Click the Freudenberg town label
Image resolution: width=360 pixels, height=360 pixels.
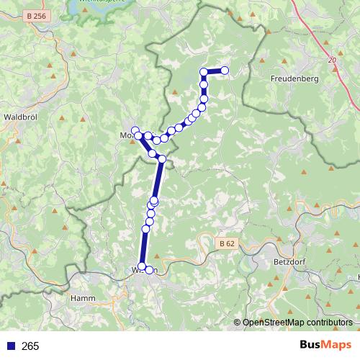coord(295,77)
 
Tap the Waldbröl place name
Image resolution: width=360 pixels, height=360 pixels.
coord(24,116)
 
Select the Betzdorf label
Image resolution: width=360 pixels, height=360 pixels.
coord(291,262)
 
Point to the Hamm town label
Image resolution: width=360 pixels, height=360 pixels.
coord(84,297)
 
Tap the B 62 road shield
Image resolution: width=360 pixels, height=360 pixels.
coord(226,244)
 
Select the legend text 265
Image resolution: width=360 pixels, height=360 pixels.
coord(30,346)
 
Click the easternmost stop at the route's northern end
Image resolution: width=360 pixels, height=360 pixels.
coord(225,71)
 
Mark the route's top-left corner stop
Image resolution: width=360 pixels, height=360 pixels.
coord(204,71)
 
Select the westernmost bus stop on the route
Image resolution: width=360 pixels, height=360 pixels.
coord(135,130)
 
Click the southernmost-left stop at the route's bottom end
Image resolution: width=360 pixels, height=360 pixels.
coord(142,267)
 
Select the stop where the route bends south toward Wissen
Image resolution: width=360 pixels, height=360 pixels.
coord(162,159)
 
